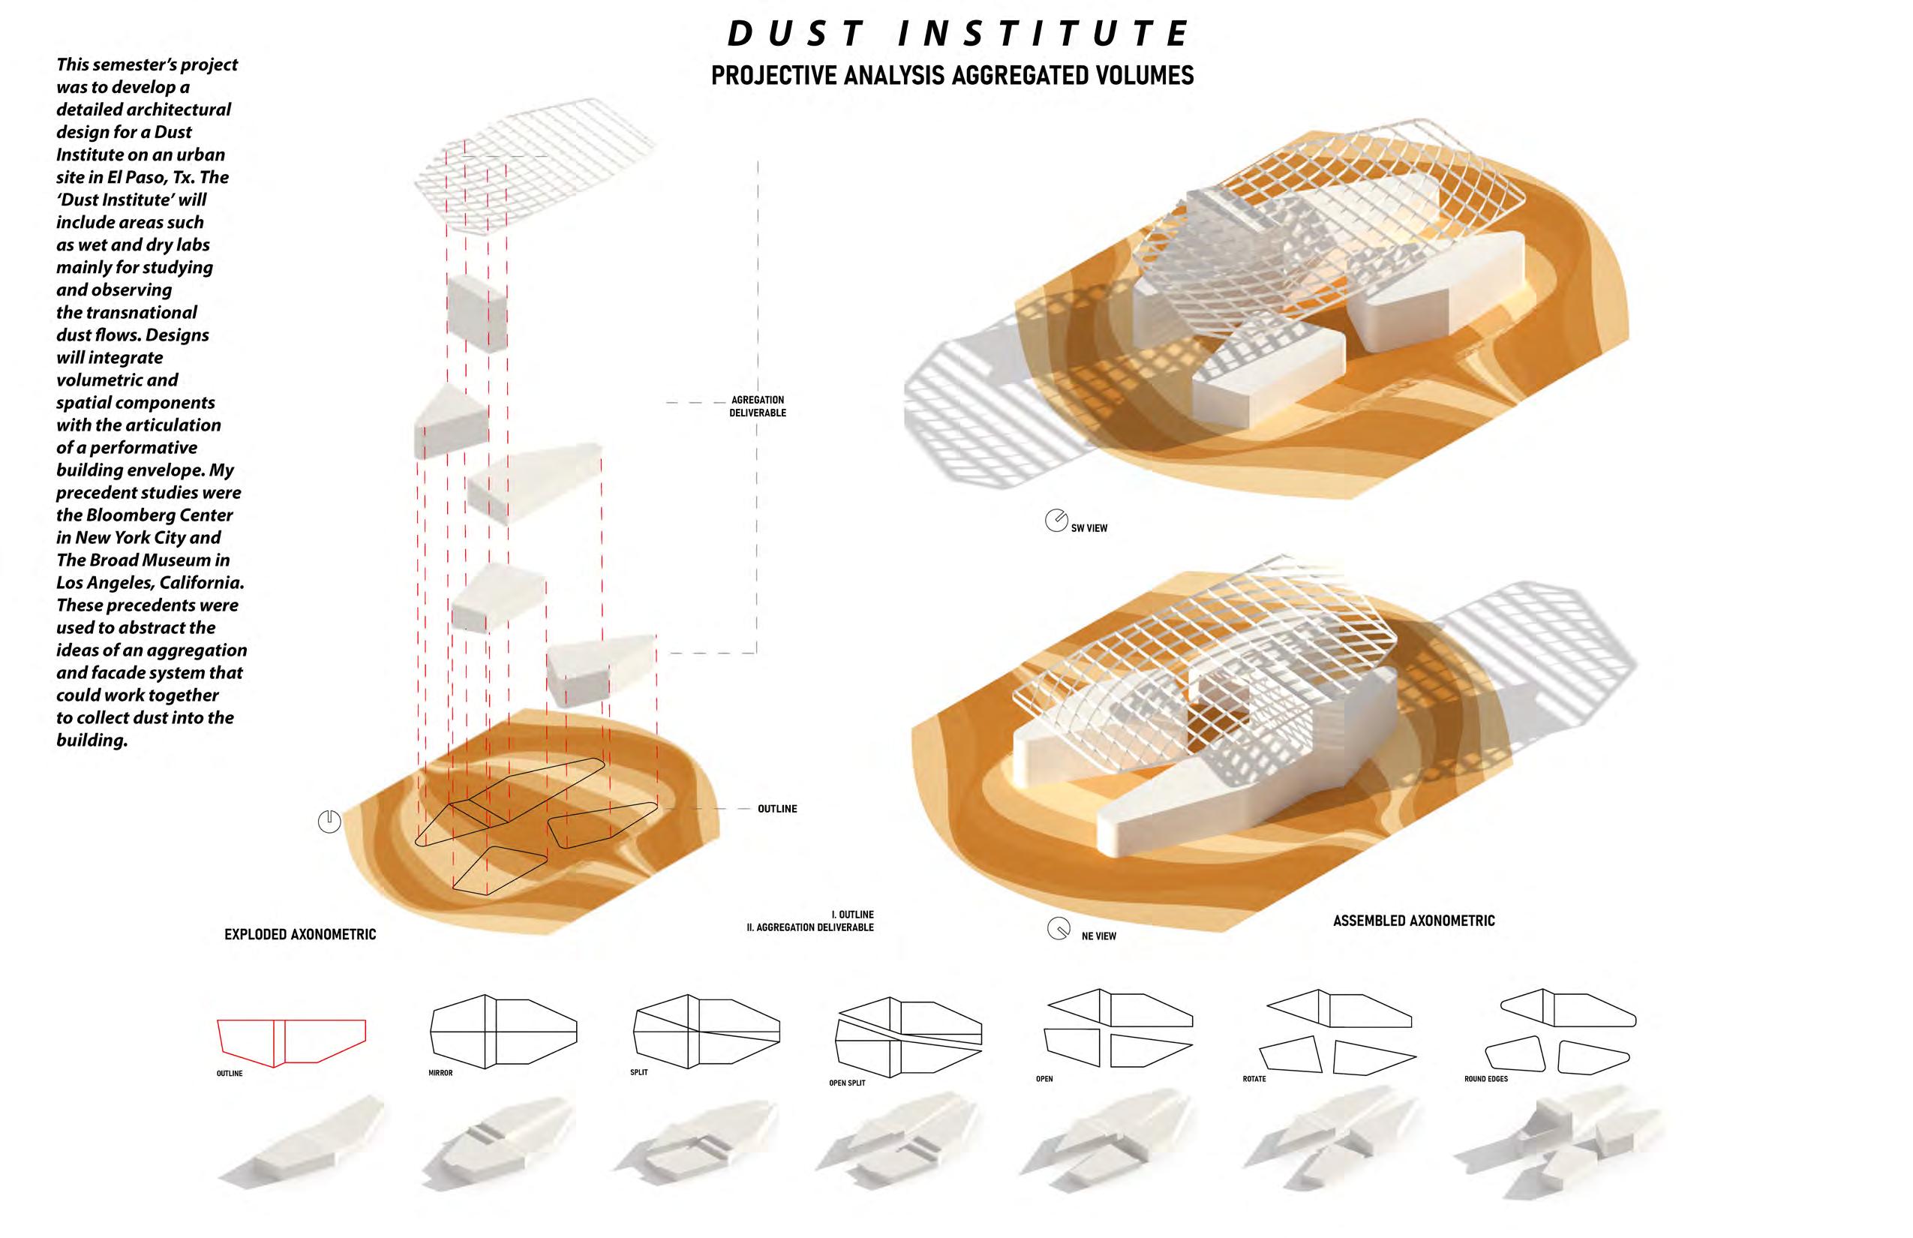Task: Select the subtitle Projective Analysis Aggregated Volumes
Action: click(952, 76)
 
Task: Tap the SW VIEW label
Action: click(1089, 528)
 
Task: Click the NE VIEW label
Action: click(1098, 936)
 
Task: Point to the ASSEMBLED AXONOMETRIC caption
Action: click(1413, 921)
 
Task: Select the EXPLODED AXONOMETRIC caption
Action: click(300, 934)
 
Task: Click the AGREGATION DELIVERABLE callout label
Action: click(757, 406)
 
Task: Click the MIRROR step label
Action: click(440, 1073)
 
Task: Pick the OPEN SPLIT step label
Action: click(847, 1083)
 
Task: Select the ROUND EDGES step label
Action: click(1485, 1079)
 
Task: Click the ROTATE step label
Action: click(1254, 1079)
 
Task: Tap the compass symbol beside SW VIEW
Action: click(1056, 520)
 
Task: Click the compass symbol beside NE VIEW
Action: click(1058, 929)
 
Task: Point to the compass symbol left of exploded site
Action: click(329, 822)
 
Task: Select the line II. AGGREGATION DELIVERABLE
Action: click(809, 927)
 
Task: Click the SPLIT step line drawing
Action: click(706, 1032)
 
